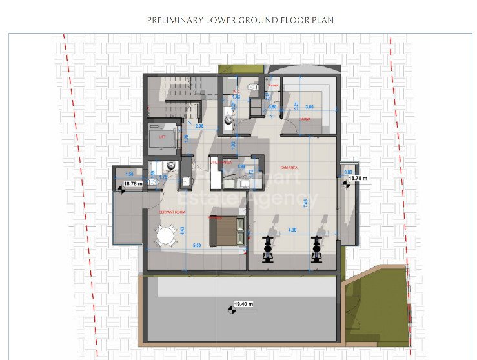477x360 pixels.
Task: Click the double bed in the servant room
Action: pyautogui.click(x=226, y=227)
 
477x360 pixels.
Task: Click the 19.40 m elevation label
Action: pyautogui.click(x=243, y=303)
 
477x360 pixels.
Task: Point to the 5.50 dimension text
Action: pyautogui.click(x=198, y=246)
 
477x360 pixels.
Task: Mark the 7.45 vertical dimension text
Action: pyautogui.click(x=306, y=202)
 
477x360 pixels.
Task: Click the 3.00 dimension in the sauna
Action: pyautogui.click(x=309, y=106)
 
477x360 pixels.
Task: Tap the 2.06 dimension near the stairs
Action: pyautogui.click(x=199, y=126)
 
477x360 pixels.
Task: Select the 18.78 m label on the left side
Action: pyautogui.click(x=132, y=185)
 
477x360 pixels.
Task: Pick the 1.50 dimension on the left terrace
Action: pyautogui.click(x=129, y=175)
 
